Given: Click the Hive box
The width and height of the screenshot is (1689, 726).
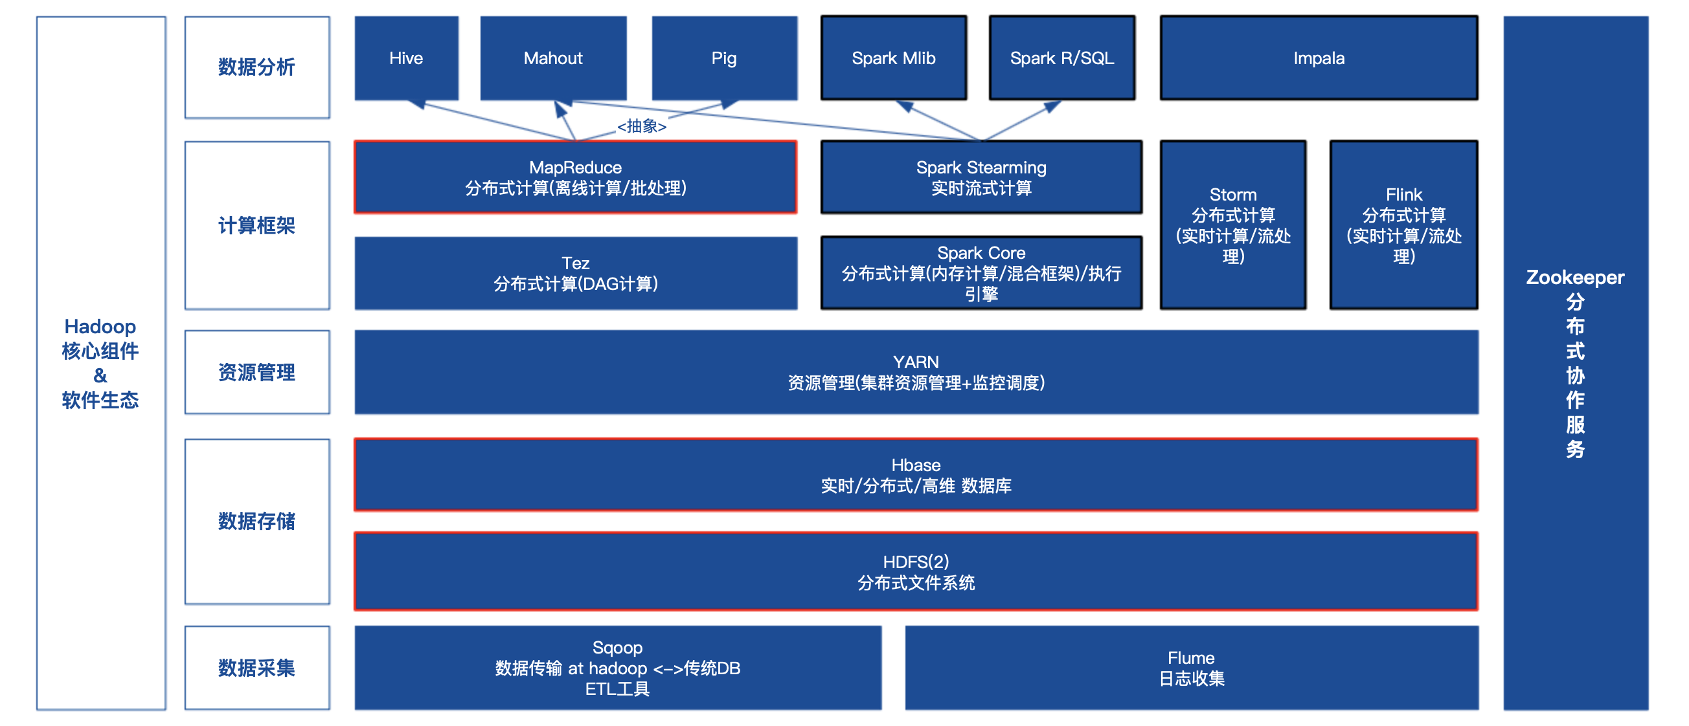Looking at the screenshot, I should click(406, 58).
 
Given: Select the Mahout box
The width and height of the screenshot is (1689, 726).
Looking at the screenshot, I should click(552, 58).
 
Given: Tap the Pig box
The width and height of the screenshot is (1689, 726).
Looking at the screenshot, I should click(724, 58).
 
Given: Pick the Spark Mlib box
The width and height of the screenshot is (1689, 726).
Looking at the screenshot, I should click(893, 58).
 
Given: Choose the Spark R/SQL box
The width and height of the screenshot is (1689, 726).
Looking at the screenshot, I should click(1061, 58).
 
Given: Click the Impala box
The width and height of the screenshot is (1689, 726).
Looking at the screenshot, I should click(1319, 58).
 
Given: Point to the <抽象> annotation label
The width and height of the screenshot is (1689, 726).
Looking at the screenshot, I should click(641, 126).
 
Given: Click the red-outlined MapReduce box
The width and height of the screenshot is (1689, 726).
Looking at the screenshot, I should click(575, 177).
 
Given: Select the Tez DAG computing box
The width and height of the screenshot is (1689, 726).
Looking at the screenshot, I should click(575, 273).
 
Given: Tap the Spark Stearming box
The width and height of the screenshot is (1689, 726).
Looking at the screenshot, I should click(981, 177).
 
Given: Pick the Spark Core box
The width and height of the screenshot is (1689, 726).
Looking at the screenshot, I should click(981, 273).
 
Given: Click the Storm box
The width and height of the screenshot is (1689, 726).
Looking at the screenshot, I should click(1232, 225).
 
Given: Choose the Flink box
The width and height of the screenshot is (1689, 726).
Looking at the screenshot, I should click(1403, 225).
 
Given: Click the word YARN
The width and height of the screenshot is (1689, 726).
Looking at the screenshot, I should click(915, 362).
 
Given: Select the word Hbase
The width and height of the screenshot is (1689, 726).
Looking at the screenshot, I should click(915, 465).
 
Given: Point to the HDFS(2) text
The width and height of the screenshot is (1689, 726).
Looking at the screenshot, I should click(915, 562).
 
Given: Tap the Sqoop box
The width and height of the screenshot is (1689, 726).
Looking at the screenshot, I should click(617, 668).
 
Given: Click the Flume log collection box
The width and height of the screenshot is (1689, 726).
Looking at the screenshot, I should click(1191, 668).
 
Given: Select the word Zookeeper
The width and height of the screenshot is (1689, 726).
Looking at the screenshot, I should click(1575, 277).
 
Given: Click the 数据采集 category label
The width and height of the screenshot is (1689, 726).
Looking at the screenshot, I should click(256, 668).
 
